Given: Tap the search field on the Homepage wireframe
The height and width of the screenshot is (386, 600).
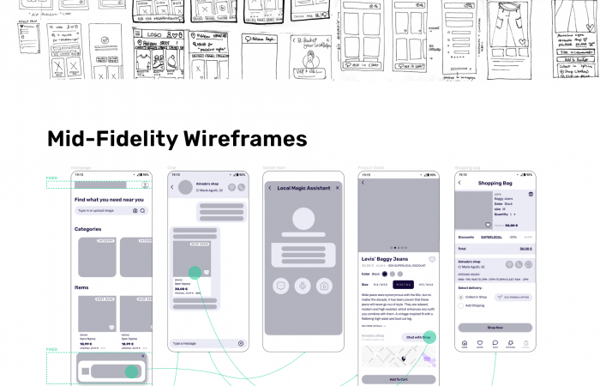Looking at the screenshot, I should pos(104,210).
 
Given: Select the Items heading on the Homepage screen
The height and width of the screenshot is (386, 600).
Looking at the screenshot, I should pos(81,287).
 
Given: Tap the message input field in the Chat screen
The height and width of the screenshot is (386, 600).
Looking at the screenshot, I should pos(202,343).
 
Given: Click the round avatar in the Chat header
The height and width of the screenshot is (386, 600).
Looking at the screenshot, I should pos(184,187).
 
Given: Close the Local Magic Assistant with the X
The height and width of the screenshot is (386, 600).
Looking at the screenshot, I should pos(338,187).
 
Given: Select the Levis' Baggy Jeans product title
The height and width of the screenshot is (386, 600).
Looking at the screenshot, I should pos(385,259).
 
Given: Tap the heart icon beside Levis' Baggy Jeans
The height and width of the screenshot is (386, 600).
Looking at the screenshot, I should pos(432,259).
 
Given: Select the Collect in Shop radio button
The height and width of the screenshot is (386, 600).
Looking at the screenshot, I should pos(461,297).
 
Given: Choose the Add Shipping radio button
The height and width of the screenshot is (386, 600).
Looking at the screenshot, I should pos(461,305).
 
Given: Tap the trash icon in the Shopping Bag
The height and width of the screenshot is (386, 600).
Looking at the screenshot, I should pos(530,195).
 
